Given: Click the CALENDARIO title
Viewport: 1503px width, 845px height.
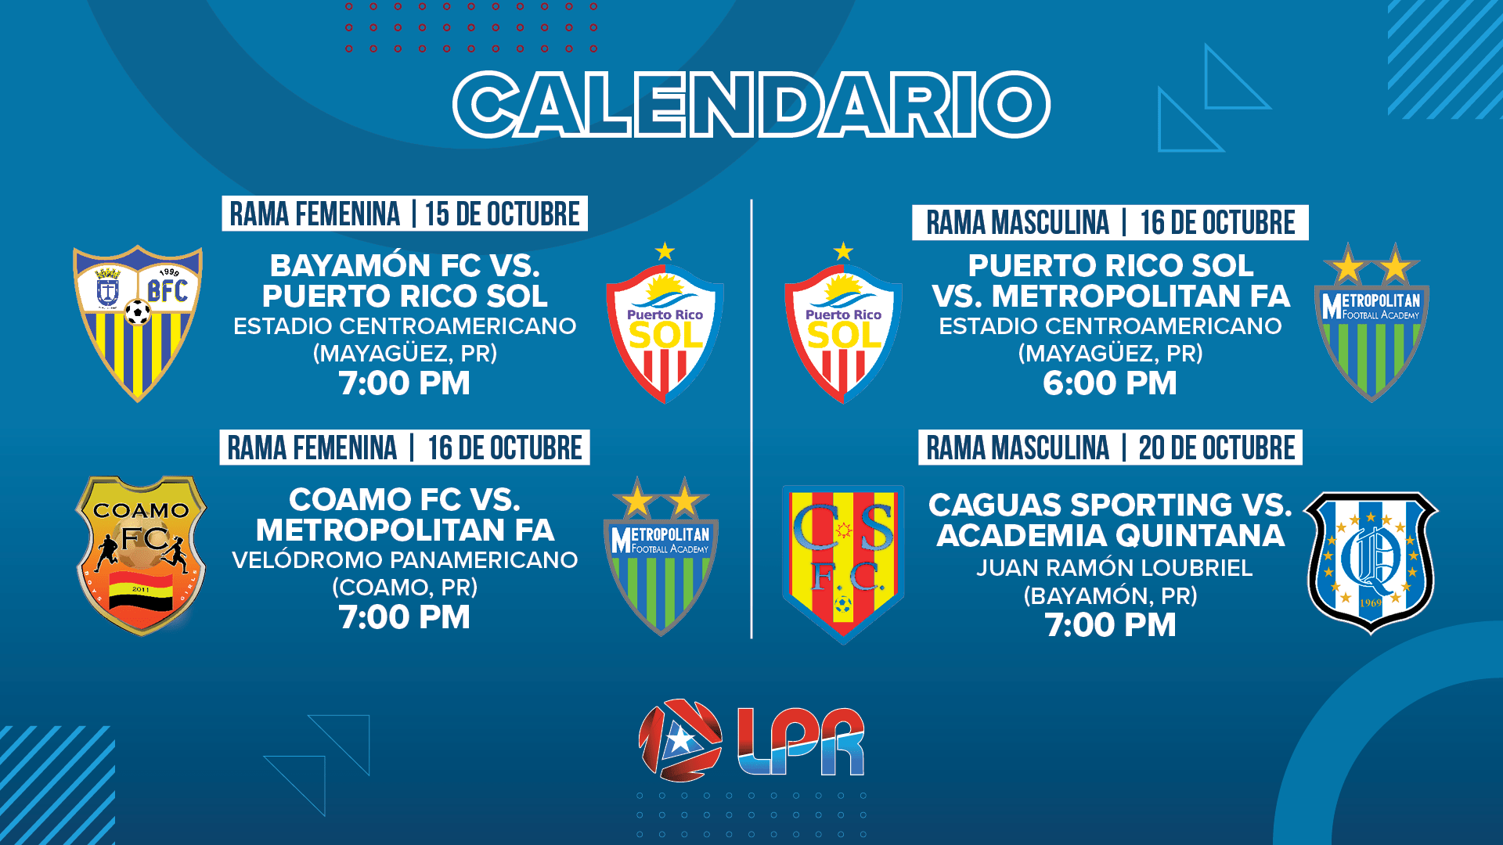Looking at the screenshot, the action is tap(751, 105).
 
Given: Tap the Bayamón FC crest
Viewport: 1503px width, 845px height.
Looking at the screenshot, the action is tap(138, 323).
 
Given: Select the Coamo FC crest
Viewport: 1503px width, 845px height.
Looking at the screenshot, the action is tap(141, 556).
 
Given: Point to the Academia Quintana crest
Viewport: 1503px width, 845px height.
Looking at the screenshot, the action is tap(1371, 563).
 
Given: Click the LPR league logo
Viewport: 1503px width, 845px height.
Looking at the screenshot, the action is tap(751, 740).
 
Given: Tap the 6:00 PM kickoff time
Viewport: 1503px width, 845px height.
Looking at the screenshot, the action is tap(1110, 383).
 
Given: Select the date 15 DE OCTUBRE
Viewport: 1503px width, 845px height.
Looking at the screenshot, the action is tap(503, 214).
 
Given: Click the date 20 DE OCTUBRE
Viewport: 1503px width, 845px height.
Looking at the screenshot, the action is tap(1217, 448).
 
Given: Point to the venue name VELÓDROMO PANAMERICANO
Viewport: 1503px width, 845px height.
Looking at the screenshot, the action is tap(405, 560).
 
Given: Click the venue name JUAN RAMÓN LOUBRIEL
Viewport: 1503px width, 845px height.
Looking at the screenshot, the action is tap(1115, 568).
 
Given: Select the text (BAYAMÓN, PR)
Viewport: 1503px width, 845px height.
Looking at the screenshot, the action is tap(1111, 596).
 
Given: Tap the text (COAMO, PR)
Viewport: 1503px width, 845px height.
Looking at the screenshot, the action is tap(405, 588).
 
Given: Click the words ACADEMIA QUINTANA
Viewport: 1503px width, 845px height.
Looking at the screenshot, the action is tap(1111, 536).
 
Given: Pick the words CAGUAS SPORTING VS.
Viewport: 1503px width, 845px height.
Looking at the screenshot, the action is tap(1110, 505).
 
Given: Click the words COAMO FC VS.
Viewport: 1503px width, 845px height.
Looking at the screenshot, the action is tap(405, 500).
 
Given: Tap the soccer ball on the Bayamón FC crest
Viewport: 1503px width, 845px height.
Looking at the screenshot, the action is tap(138, 312).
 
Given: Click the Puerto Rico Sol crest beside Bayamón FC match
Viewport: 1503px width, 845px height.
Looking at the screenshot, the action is tap(665, 324).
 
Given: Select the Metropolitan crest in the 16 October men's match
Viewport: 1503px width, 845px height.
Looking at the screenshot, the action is tap(1371, 322).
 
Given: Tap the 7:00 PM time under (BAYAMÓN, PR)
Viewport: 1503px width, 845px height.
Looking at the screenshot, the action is tap(1111, 625).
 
